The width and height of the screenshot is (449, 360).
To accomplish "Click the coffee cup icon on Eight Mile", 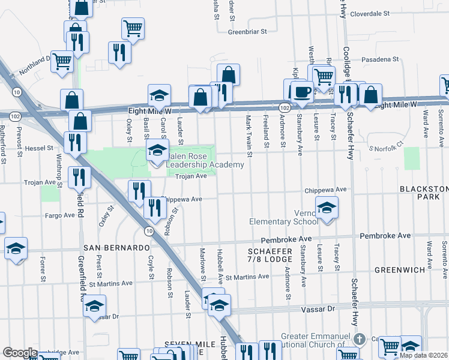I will point(303,92).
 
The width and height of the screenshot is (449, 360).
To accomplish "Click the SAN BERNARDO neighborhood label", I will point(116,247).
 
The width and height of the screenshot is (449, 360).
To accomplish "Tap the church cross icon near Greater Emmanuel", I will point(359,339).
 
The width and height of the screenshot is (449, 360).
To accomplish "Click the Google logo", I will point(20,353).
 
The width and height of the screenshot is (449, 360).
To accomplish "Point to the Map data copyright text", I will point(423,355).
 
